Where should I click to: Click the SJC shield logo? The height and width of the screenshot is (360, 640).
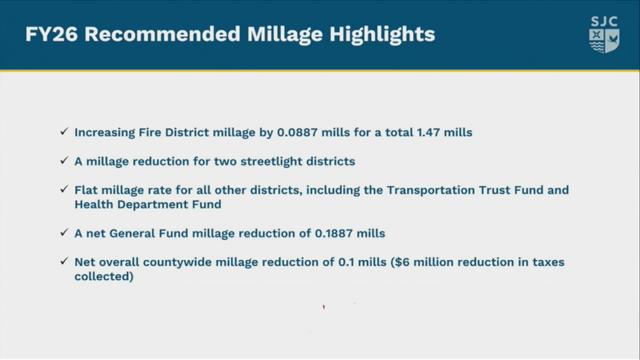pos(604,34)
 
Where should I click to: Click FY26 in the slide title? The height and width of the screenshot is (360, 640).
pos(51,34)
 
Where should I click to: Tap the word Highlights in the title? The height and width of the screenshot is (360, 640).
pos(382,34)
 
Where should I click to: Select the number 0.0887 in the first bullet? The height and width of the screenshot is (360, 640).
pos(297,132)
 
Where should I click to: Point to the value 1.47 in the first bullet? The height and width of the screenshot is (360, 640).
pos(428,132)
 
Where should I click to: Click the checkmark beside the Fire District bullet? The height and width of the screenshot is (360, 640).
pos(64,131)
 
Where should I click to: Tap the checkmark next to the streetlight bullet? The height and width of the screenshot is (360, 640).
pos(64,160)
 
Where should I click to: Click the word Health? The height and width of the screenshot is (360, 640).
pos(94,204)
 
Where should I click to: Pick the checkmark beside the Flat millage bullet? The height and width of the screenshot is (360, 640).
pos(64,189)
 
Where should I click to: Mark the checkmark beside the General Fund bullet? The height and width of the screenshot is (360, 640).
pos(64,232)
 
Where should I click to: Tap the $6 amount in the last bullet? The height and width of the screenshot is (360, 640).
pos(402,262)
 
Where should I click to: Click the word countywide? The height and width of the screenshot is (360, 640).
pos(177,262)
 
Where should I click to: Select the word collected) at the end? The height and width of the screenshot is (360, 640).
pos(104,276)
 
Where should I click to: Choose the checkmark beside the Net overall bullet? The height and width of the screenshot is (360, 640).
pos(64,261)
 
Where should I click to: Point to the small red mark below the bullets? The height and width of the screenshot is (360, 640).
pos(323,307)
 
